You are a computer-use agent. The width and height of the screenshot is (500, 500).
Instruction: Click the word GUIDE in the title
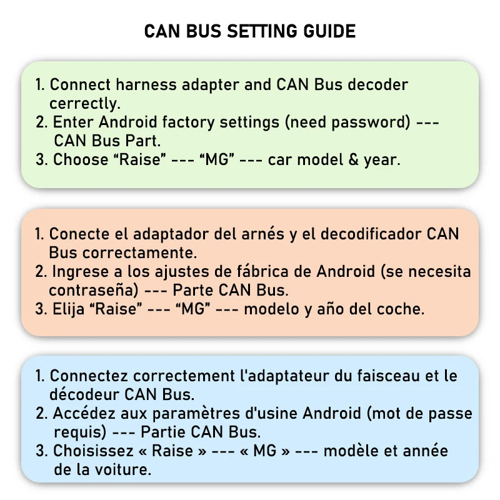pos(329,31)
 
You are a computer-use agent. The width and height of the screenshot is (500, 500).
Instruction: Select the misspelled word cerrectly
pos(85,104)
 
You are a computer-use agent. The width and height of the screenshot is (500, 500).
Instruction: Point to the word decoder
pos(378,85)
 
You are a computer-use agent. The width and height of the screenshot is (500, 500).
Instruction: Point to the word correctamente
pos(140,253)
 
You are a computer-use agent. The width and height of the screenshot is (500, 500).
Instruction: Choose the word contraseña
pos(94,290)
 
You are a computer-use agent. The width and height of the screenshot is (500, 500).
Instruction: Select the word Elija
pos(68,309)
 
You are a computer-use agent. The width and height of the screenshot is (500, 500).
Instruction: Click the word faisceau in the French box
pos(388,376)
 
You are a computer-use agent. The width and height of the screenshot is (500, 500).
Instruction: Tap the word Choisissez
pos(93,451)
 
